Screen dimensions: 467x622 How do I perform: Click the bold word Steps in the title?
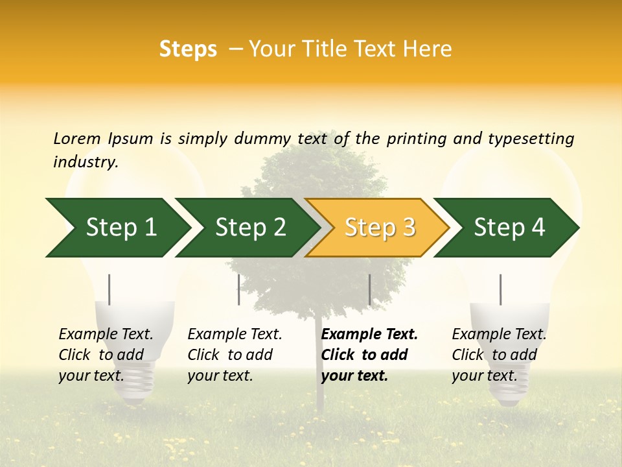(x=188, y=49)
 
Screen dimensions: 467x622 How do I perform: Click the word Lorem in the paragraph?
(x=77, y=138)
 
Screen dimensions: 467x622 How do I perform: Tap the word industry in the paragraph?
(x=85, y=162)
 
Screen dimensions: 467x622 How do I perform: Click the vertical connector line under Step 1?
(x=109, y=289)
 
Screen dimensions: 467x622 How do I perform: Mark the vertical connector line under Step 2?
(x=239, y=289)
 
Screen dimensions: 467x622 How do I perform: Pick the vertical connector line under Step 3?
(x=369, y=289)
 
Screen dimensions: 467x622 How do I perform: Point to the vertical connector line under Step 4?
(x=500, y=289)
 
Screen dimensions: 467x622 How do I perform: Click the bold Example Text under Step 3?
(x=369, y=335)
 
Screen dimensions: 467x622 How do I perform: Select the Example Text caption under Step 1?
(x=106, y=335)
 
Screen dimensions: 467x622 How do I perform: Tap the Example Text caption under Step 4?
(x=499, y=335)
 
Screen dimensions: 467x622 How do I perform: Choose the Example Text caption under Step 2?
(x=235, y=335)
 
